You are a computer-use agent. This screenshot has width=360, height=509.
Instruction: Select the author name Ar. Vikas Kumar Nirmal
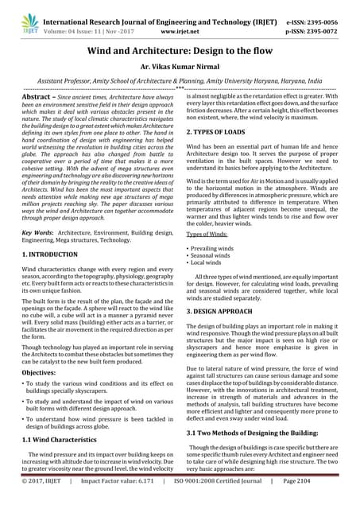pos(180,70)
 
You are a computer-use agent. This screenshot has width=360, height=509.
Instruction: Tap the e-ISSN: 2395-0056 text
pos(315,11)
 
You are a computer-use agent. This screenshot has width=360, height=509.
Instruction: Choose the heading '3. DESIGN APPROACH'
pos(225,313)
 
